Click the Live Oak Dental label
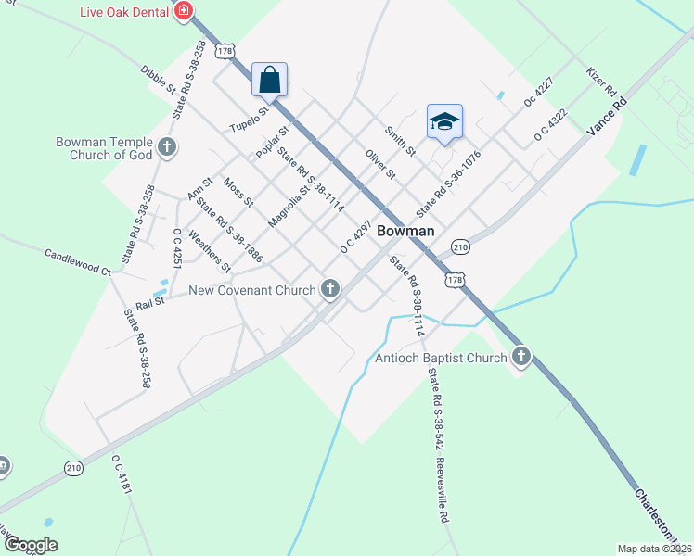[x=124, y=11]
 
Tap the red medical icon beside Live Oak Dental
[x=184, y=11]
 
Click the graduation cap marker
[x=444, y=121]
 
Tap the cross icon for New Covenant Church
[x=329, y=290]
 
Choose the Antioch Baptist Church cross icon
[x=521, y=357]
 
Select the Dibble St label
[x=158, y=80]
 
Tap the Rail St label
[x=149, y=300]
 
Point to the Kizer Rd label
[x=602, y=82]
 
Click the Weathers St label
[x=209, y=251]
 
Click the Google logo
[x=31, y=544]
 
